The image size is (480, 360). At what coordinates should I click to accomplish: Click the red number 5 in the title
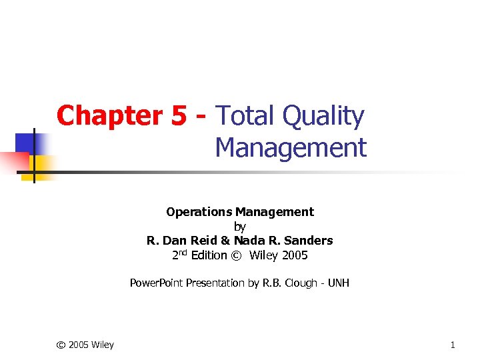[x=179, y=116]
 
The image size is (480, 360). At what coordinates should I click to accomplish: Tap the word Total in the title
[x=244, y=116]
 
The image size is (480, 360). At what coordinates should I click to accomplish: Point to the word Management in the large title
[x=291, y=148]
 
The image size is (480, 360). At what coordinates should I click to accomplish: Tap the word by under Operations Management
[x=240, y=227]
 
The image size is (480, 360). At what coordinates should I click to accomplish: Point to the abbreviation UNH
[x=339, y=283]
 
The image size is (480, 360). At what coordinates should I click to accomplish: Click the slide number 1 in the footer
[x=453, y=345]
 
